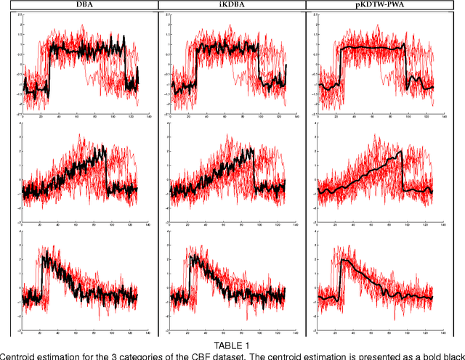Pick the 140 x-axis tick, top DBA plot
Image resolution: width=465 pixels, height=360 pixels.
pyautogui.click(x=149, y=115)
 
